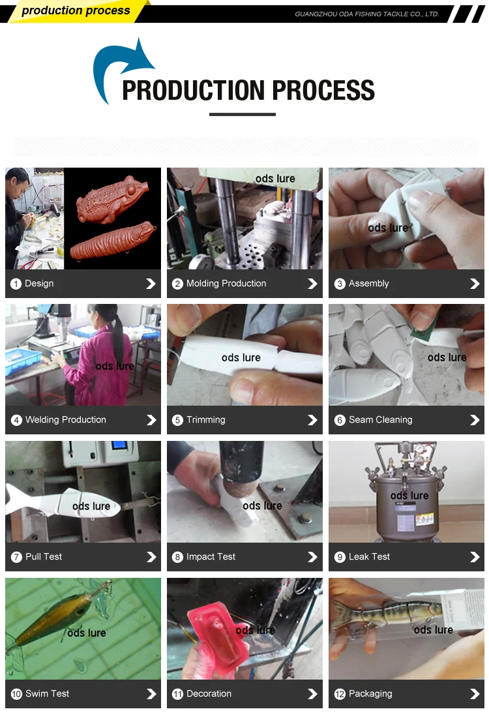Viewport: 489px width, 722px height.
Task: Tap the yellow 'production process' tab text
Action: [76, 10]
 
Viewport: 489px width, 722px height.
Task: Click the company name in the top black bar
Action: [367, 14]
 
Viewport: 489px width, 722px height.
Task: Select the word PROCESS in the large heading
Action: [323, 90]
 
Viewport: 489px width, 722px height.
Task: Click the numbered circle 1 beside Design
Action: [16, 284]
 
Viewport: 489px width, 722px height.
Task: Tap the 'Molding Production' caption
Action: [226, 284]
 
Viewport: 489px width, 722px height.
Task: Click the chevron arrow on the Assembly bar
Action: [475, 284]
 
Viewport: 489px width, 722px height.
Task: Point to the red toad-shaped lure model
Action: [113, 199]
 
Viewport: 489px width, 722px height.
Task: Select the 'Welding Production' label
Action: [66, 420]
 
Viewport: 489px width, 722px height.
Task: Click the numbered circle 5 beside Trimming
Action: [178, 420]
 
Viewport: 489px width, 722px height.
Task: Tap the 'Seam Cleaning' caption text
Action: [380, 420]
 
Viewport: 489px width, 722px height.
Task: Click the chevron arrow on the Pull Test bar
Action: [151, 557]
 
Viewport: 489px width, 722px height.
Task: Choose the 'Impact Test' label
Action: [211, 557]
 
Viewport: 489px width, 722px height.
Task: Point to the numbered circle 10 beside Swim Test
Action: [16, 694]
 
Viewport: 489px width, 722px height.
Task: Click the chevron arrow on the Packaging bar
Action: [475, 694]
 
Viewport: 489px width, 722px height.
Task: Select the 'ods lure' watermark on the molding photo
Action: [275, 179]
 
